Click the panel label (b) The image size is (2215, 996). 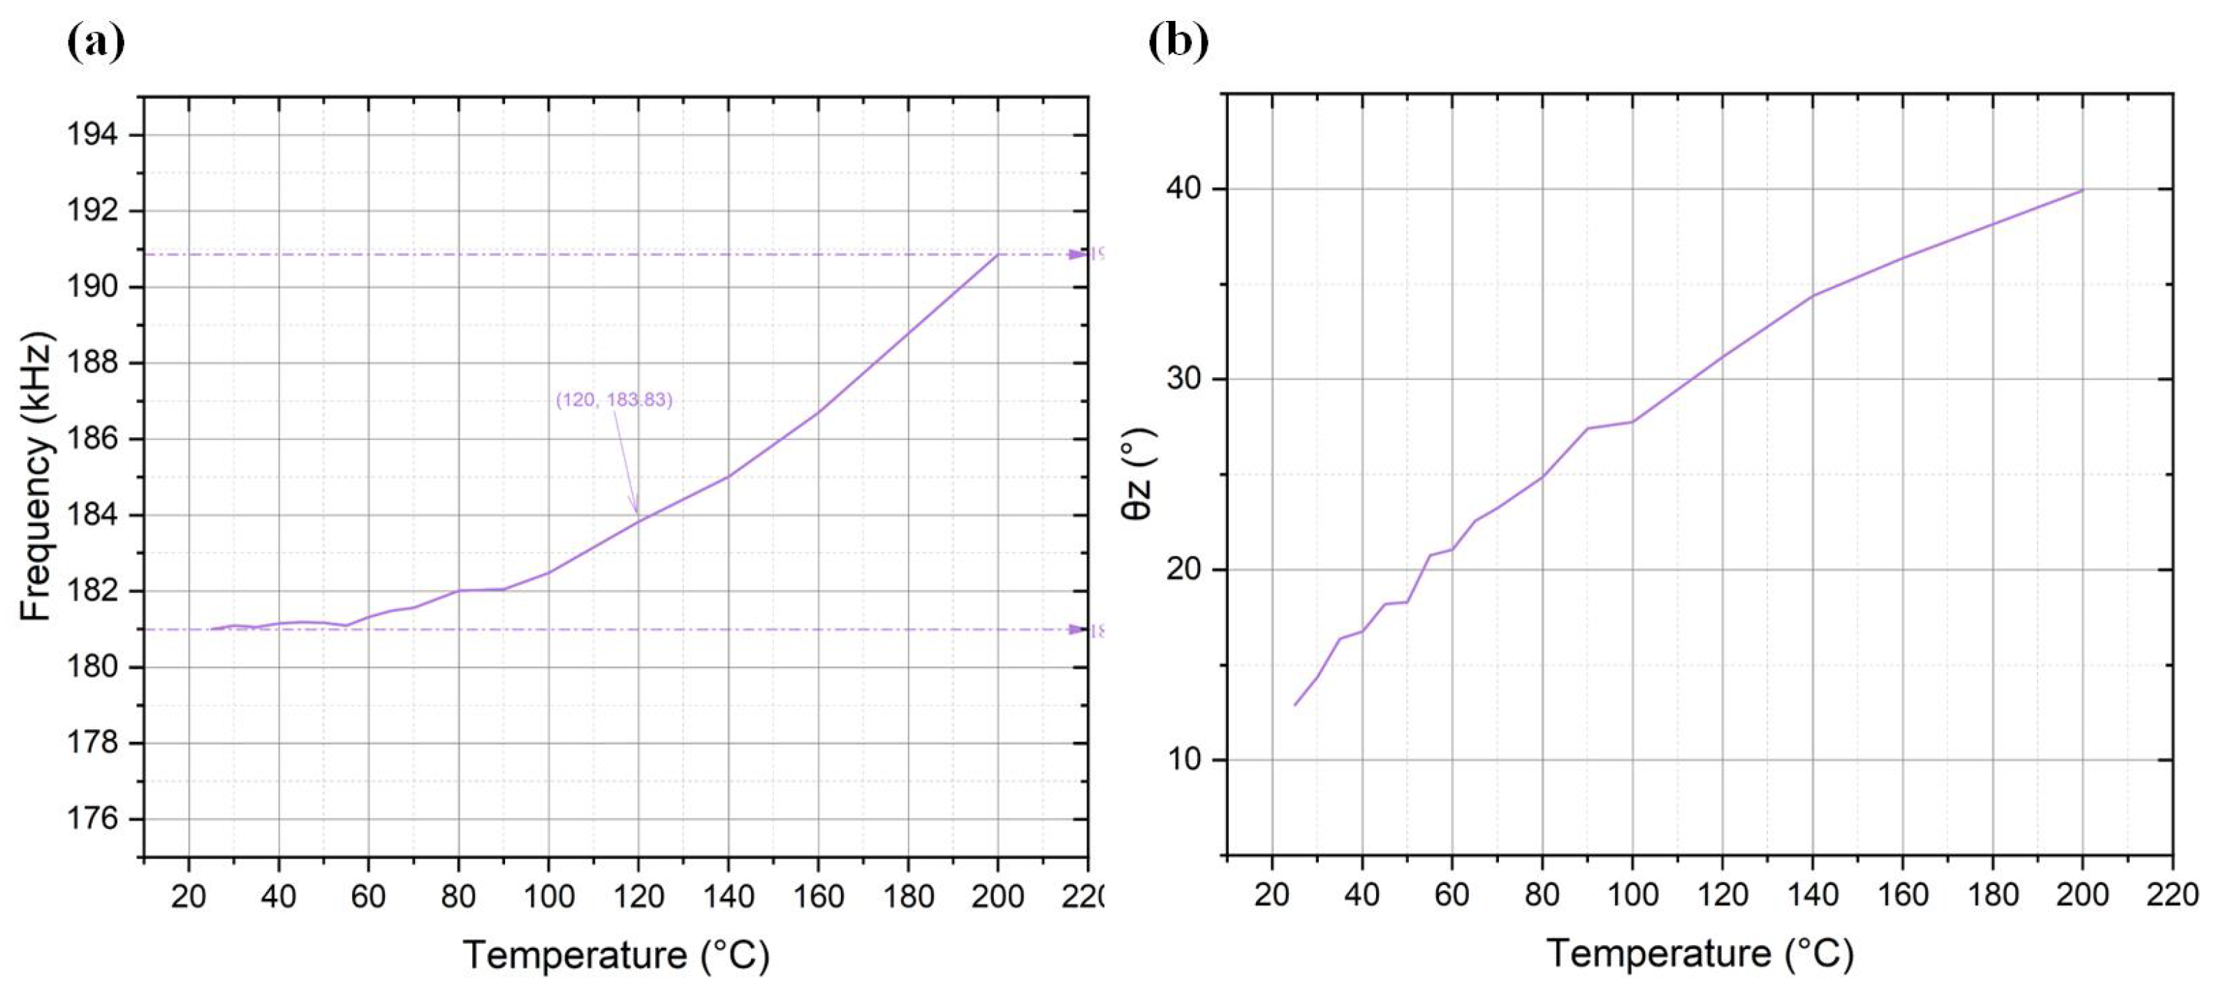click(1178, 42)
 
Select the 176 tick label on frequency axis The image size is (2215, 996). click(92, 818)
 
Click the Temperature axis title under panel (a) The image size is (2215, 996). click(615, 955)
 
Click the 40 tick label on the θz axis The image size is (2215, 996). click(1183, 189)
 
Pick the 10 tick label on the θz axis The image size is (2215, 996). click(1183, 761)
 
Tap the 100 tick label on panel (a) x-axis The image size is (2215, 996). click(548, 897)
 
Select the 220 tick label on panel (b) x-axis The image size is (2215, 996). click(2171, 895)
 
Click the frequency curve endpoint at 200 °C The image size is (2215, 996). click(997, 255)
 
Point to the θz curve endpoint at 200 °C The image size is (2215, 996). click(2082, 190)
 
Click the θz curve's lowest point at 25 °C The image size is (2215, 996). click(1295, 705)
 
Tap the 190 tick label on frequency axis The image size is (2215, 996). click(92, 286)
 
